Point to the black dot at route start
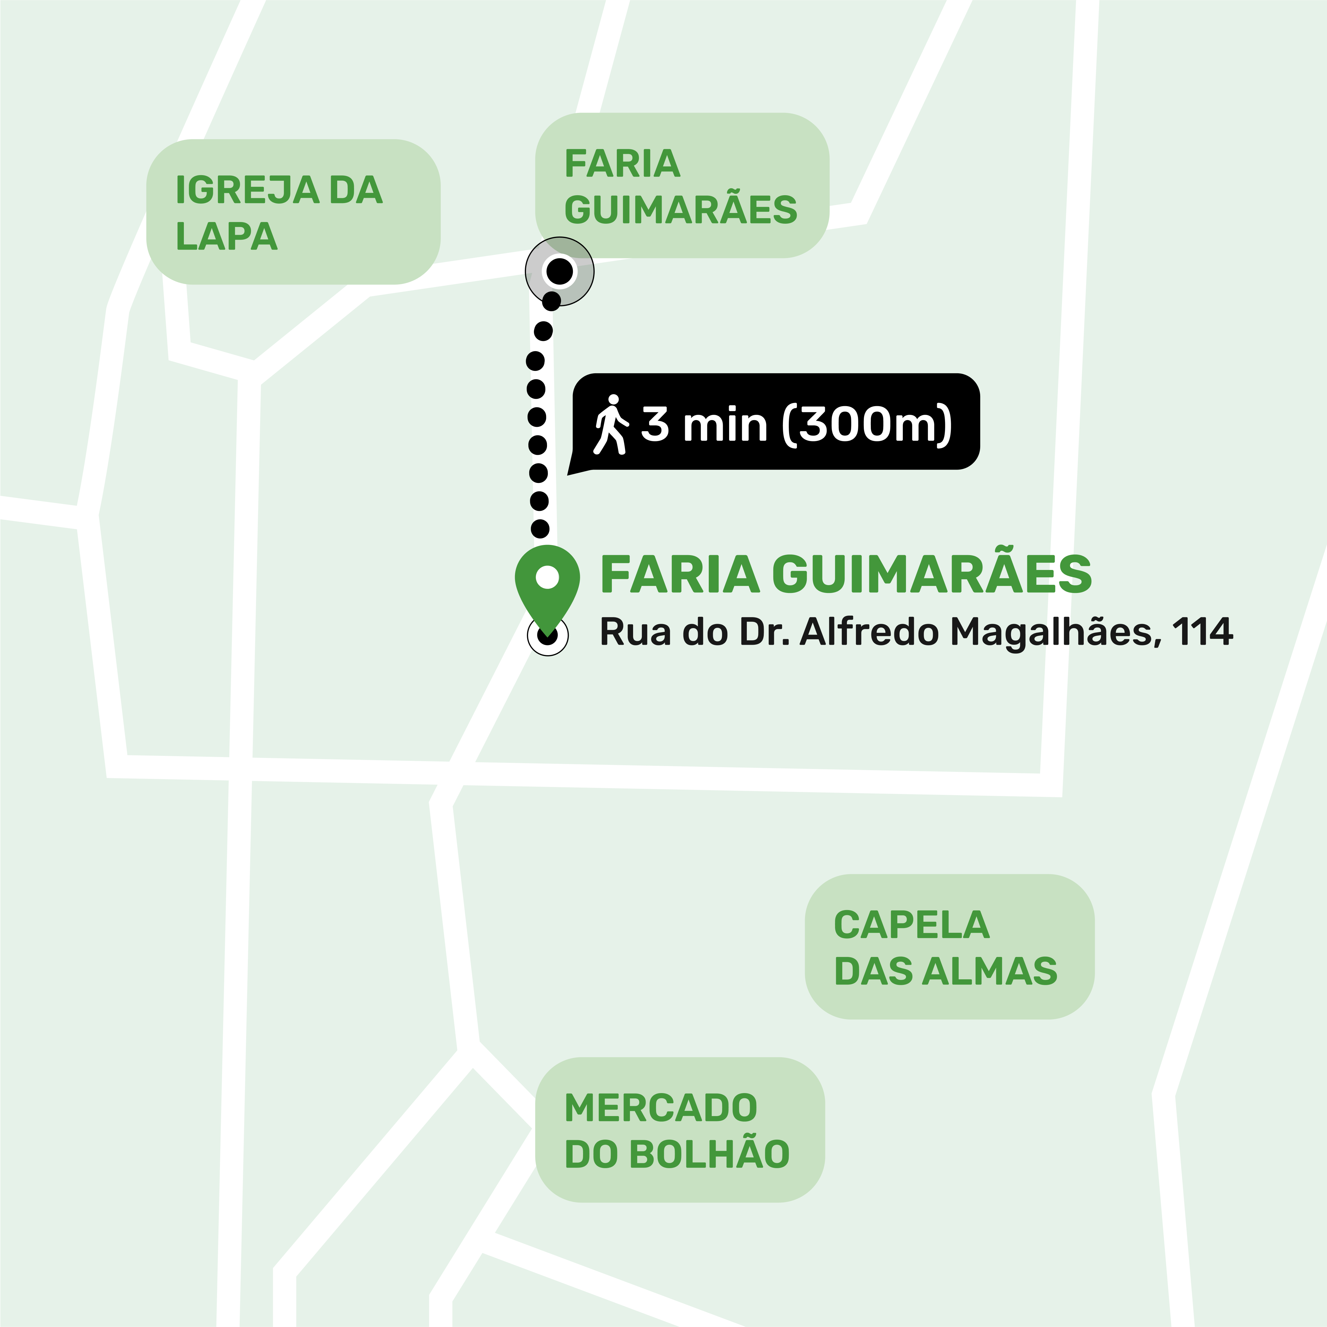pos(560,271)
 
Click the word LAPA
pos(227,236)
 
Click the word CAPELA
pos(912,925)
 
